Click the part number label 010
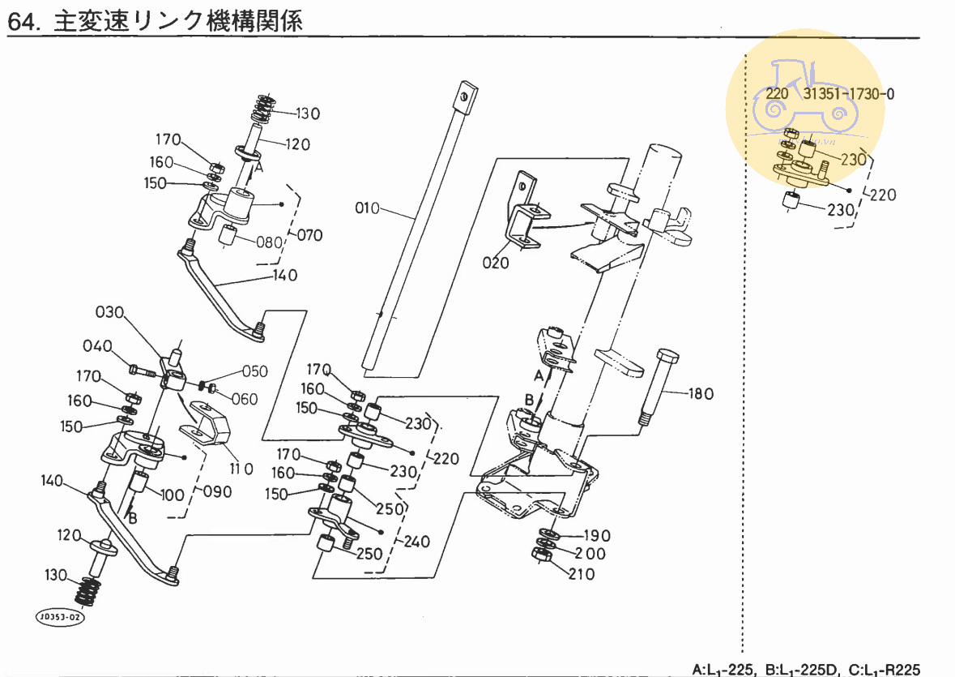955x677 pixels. pos(368,209)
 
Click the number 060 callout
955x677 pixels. pos(244,398)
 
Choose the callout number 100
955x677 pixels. pos(172,495)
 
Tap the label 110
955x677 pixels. pos(241,469)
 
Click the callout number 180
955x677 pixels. pos(701,394)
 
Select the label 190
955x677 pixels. pos(597,536)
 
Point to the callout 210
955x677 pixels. pos(582,574)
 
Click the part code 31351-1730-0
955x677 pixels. pos(849,94)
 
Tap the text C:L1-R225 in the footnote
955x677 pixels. pos(885,670)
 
